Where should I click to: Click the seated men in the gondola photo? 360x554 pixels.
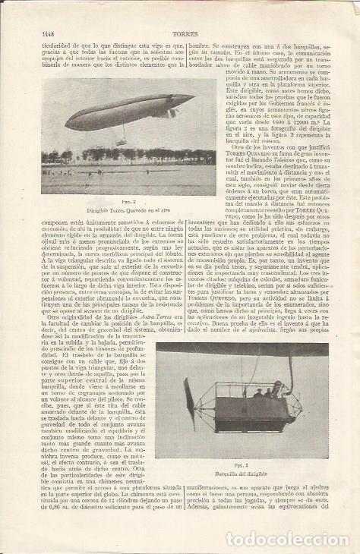pyautogui.click(x=265, y=392)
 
